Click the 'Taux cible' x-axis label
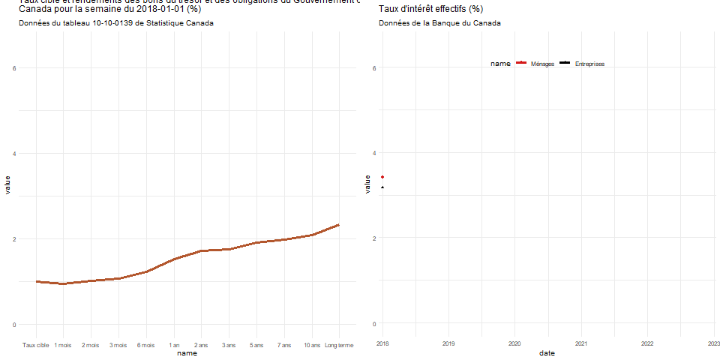(36, 345)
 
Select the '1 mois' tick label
(63, 345)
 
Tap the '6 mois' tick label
(146, 345)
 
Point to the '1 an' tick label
(175, 345)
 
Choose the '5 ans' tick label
(256, 345)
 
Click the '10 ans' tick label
(312, 345)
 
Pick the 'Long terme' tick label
(339, 345)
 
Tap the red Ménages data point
(382, 177)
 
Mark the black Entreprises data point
(382, 187)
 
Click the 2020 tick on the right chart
(514, 343)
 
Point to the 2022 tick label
(647, 343)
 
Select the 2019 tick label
(448, 343)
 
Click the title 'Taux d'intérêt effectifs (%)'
(430, 10)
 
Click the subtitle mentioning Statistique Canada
(115, 23)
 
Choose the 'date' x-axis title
(547, 352)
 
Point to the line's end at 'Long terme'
(339, 225)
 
